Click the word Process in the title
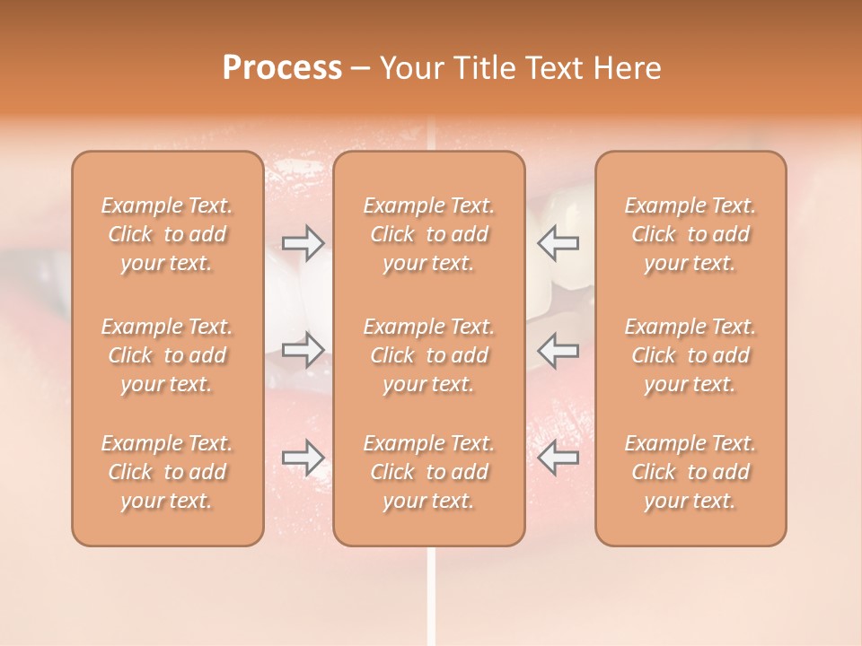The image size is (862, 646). point(282,68)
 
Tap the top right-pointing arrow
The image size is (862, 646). point(303,242)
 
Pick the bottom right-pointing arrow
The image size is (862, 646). point(303,458)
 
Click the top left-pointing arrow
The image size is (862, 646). point(558,242)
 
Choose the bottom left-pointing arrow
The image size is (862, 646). point(558,458)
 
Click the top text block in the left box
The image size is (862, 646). point(167,234)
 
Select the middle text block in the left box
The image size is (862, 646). point(167,355)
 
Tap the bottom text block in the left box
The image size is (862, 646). point(167,472)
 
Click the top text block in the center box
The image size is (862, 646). point(429,234)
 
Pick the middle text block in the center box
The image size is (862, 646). point(429,355)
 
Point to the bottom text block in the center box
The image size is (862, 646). point(429,472)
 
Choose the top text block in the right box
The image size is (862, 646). point(690,234)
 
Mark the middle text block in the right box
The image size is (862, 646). point(690,355)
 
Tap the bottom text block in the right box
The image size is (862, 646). point(690,472)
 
